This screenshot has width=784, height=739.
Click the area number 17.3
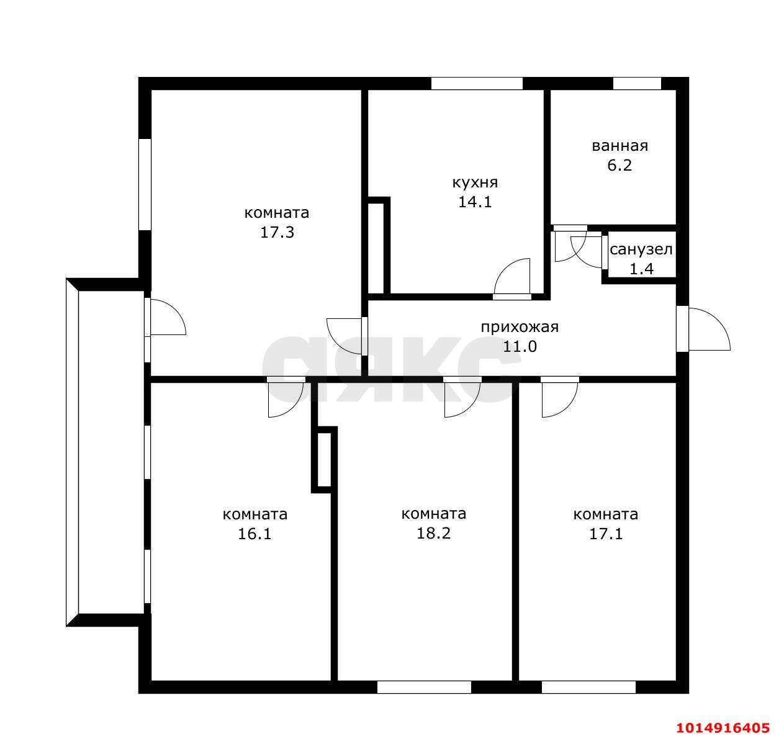click(x=277, y=233)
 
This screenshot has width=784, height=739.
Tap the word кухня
click(x=474, y=183)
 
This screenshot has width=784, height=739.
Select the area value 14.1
click(x=474, y=202)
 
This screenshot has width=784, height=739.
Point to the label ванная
click(x=620, y=146)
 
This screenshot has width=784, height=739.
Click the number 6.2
click(x=620, y=165)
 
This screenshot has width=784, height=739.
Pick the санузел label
click(x=641, y=249)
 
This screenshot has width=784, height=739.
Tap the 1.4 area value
click(x=641, y=269)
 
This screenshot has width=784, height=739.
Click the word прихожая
click(x=520, y=327)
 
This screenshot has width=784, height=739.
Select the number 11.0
click(x=520, y=347)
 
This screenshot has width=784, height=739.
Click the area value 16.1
click(x=255, y=534)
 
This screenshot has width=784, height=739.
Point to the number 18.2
click(x=433, y=534)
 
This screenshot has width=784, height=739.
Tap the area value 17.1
click(x=606, y=534)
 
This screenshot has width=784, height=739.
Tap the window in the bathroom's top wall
click(x=636, y=84)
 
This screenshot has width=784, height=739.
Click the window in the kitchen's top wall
click(x=477, y=84)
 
